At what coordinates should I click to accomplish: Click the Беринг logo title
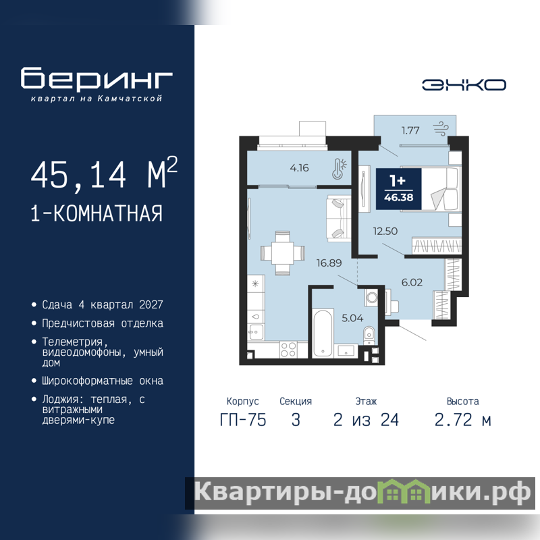click(97, 78)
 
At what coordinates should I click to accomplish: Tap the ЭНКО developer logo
click(464, 85)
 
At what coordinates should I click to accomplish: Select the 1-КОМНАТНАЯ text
click(97, 213)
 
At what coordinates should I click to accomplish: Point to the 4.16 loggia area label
click(299, 167)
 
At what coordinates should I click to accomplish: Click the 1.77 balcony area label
click(410, 130)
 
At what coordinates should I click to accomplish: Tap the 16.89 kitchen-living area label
click(329, 263)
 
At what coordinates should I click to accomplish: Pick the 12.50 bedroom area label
click(385, 231)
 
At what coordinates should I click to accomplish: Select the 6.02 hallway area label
click(412, 282)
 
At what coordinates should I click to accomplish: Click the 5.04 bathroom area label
click(352, 318)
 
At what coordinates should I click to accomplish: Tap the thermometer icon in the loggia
click(339, 169)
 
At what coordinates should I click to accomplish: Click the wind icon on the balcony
click(441, 128)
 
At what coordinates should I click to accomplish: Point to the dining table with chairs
click(282, 253)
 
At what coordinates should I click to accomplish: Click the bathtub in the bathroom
click(323, 332)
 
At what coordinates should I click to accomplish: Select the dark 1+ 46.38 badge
click(398, 189)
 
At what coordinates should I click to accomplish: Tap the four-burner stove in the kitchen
click(288, 349)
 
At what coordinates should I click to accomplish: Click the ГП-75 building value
click(243, 420)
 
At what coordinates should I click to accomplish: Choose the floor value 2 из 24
click(366, 420)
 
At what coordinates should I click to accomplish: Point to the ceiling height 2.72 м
click(462, 420)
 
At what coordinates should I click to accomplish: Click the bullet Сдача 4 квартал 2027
click(103, 305)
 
